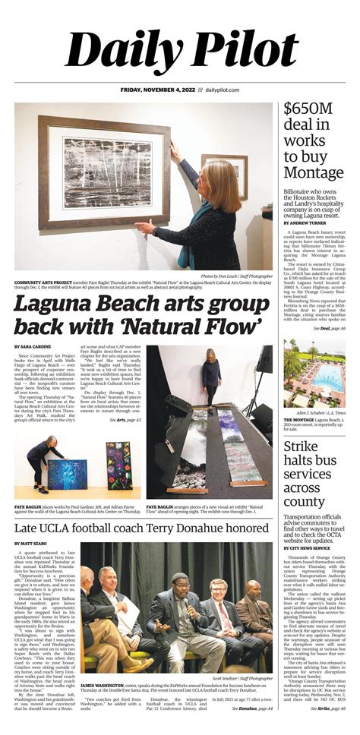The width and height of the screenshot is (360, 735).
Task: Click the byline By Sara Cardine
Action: tap(33, 346)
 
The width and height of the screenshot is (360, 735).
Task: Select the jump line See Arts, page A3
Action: tap(126, 420)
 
